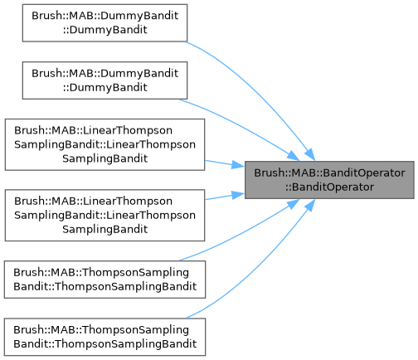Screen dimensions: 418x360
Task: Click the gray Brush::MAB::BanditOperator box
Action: [x=329, y=180]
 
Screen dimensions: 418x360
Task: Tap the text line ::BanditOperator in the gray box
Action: [x=329, y=187]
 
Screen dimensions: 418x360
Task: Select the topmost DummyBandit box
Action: [x=104, y=23]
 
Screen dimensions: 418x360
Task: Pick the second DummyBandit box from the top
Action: [x=104, y=80]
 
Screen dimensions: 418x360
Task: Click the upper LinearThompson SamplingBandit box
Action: [x=104, y=144]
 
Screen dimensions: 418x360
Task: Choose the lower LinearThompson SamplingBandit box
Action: [x=104, y=215]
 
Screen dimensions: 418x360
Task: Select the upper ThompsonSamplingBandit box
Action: [x=104, y=280]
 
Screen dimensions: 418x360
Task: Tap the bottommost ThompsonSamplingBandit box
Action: [x=104, y=337]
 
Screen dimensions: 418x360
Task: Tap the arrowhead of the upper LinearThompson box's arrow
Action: [x=238, y=165]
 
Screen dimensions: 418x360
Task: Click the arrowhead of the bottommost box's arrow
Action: [x=309, y=205]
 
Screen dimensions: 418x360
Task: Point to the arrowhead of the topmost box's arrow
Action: [x=309, y=154]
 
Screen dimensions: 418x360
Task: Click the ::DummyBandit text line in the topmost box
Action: [x=104, y=30]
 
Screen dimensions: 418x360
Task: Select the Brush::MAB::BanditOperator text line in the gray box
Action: [x=329, y=173]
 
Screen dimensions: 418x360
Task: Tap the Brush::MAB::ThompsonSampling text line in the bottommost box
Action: [x=101, y=330]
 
